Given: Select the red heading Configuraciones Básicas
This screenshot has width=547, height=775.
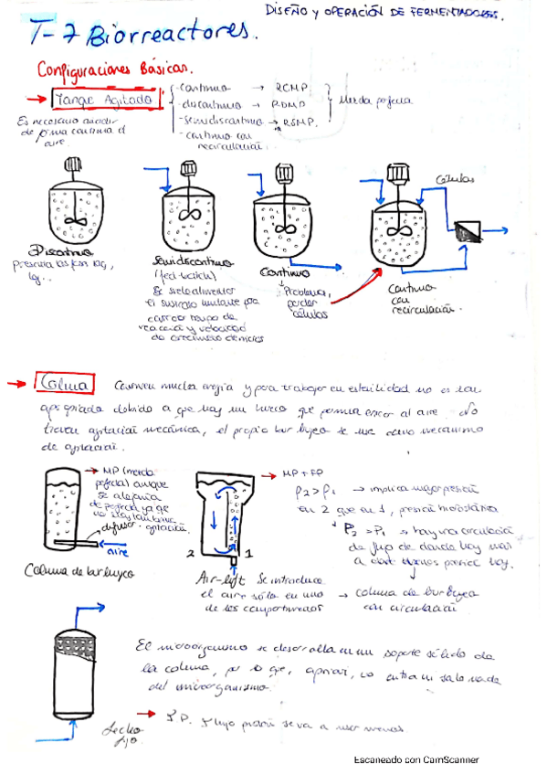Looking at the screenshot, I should [x=113, y=69].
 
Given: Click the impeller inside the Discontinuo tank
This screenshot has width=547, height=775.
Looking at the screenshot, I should [x=76, y=220].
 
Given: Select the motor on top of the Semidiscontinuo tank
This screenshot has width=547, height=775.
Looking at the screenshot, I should [x=190, y=169].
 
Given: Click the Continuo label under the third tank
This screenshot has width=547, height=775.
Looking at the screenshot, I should [x=284, y=272].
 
